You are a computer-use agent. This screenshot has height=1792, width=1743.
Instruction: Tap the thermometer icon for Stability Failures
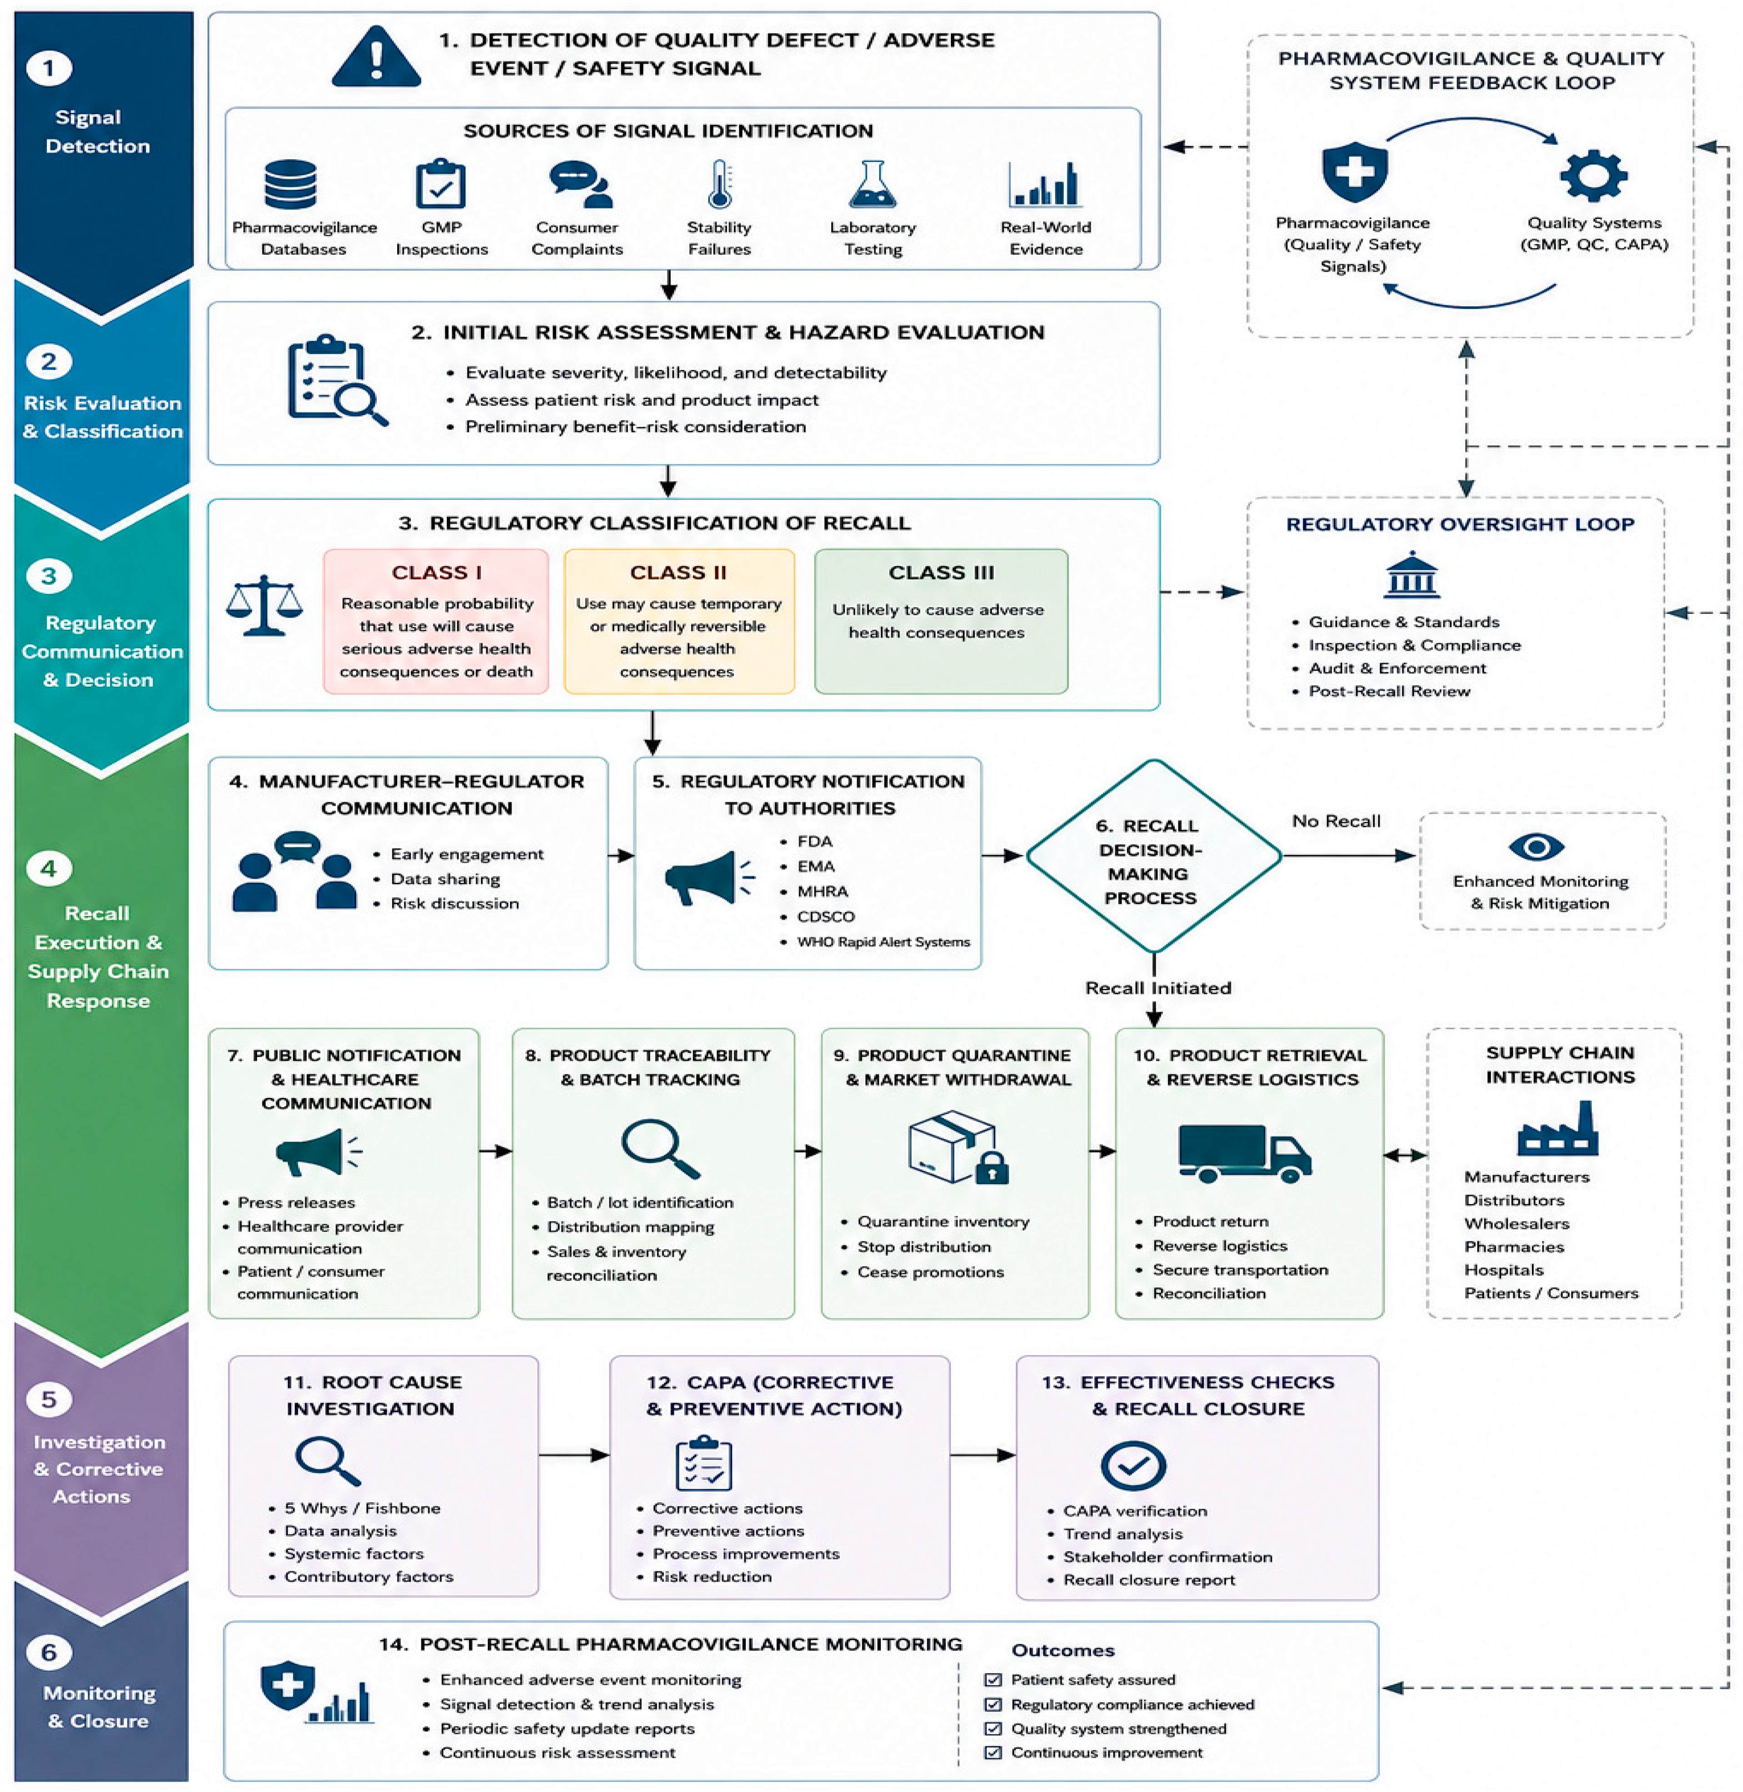tap(719, 184)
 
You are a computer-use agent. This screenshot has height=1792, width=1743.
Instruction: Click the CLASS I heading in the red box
tap(437, 572)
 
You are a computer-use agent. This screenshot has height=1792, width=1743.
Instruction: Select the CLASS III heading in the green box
tap(941, 572)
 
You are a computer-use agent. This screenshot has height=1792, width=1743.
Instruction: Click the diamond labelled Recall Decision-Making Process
tap(1153, 856)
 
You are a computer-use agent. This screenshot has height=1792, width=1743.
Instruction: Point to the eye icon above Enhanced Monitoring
tap(1536, 846)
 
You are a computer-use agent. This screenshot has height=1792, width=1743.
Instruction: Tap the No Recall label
tap(1336, 821)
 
